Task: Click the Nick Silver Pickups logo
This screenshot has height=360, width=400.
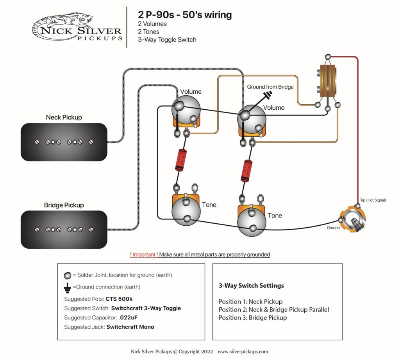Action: pos(77,27)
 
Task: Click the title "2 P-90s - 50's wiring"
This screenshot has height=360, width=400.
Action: pos(185,15)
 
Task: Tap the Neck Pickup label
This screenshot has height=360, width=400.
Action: pos(64,117)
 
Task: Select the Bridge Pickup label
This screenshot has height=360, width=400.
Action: pos(64,205)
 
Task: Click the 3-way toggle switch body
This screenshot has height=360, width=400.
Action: pos(327,80)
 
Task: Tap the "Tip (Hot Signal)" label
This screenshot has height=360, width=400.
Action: pos(373,200)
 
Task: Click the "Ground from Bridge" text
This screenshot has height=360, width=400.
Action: pos(270,87)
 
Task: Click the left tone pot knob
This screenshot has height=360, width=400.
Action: pos(186,211)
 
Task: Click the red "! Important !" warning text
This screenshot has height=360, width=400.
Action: pos(144,255)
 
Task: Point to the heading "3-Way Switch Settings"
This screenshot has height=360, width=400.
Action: pos(251,285)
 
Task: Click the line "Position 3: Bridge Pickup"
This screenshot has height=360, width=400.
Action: pos(253,317)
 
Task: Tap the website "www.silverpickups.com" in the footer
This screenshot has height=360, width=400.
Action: pos(243,351)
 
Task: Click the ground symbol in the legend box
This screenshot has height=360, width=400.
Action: pos(67,287)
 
